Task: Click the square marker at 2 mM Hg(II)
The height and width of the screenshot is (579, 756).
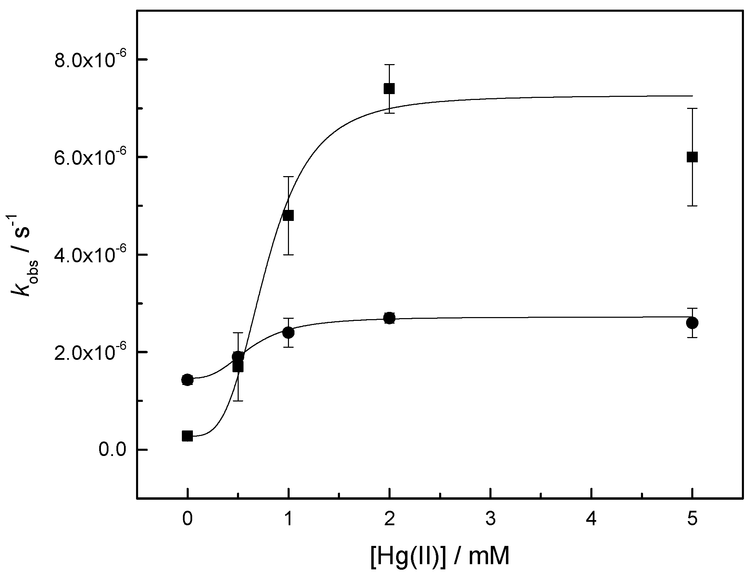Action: coord(389,89)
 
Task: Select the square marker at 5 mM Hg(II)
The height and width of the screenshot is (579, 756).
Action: coord(692,157)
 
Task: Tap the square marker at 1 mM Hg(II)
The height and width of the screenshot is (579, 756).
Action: coord(288,215)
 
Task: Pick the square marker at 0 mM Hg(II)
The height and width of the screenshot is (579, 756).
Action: coord(187,436)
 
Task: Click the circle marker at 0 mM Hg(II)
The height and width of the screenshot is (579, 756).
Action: coord(187,380)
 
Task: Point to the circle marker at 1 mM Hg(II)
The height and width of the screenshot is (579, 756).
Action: coord(288,333)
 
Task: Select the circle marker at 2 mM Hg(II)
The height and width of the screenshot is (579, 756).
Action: coord(389,318)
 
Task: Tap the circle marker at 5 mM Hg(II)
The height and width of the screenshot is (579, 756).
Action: coord(692,323)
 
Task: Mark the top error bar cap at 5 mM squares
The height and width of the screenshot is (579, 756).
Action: coord(692,108)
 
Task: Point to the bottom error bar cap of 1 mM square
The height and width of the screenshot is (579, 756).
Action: coord(288,255)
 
